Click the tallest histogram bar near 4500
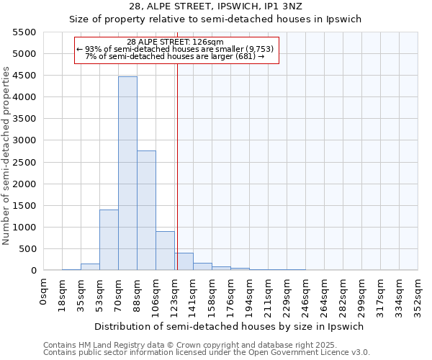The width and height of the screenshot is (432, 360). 127,173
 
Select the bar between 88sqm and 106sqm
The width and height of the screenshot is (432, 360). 146,210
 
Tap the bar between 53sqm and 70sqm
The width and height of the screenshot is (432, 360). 109,240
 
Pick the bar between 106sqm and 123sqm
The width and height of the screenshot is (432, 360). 165,251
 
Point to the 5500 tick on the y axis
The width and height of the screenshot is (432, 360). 25,32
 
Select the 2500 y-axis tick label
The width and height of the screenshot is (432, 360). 25,162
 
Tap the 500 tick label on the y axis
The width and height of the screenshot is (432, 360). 28,249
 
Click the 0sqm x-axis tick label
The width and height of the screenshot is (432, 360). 44,288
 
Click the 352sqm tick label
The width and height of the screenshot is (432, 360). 418,294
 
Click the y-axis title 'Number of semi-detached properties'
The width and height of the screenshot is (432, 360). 7,156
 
